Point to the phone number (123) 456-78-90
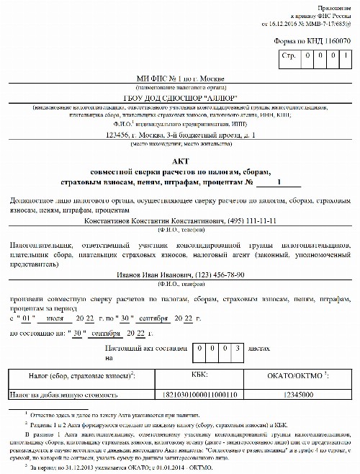[215, 274]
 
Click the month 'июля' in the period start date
[76, 317]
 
